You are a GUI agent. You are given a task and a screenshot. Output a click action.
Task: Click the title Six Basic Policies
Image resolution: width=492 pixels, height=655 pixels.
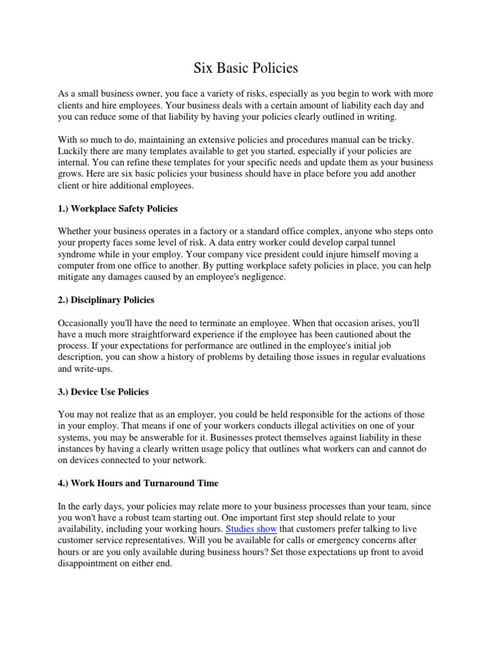click(x=246, y=67)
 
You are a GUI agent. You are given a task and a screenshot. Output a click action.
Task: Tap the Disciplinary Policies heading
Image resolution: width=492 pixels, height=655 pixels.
click(x=106, y=299)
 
